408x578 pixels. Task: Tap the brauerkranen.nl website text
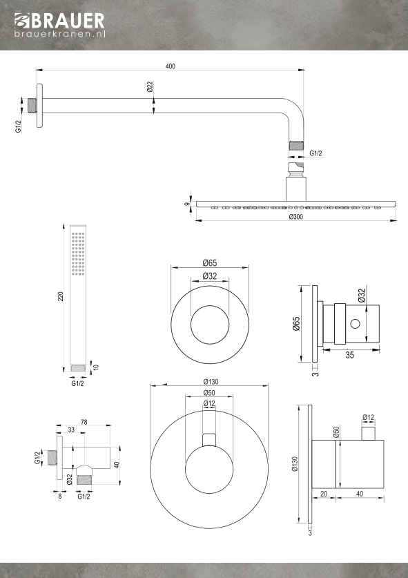(60, 34)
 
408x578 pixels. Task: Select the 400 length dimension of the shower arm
(171, 66)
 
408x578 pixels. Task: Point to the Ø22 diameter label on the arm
(150, 86)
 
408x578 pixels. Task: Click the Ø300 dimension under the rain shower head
(296, 216)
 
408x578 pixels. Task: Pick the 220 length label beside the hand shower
(61, 296)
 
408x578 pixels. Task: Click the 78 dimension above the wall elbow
(84, 422)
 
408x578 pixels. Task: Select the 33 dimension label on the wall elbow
(71, 430)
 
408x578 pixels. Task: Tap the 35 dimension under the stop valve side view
(350, 355)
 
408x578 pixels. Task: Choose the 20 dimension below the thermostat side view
(324, 494)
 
